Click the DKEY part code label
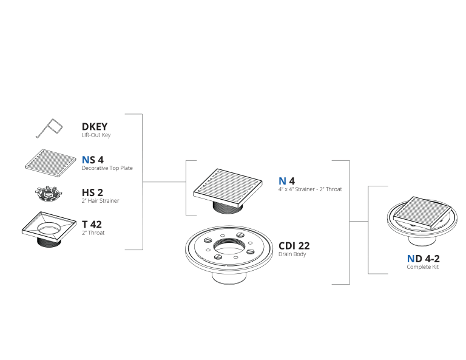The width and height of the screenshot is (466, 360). click(95, 127)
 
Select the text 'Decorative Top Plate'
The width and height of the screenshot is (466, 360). click(107, 168)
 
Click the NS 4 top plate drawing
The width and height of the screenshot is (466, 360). click(50, 163)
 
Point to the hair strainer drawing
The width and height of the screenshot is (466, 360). click(49, 194)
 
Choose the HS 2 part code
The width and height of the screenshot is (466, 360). click(92, 192)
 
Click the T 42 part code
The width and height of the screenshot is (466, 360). click(92, 225)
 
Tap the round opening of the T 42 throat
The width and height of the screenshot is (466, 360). click(50, 227)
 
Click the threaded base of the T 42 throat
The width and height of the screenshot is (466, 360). click(49, 242)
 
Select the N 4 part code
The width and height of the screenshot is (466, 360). click(286, 181)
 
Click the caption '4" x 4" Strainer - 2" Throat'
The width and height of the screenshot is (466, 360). click(310, 189)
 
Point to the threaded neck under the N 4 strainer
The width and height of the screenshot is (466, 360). click(228, 207)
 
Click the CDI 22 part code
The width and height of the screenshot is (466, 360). click(294, 246)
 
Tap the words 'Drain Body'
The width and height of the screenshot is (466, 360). click(292, 254)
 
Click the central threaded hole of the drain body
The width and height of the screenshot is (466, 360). click(229, 245)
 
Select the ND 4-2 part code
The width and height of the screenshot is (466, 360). click(423, 259)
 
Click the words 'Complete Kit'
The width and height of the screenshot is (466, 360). click(422, 267)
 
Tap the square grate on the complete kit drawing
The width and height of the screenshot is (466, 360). click(422, 212)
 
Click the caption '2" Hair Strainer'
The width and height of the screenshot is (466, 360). click(100, 201)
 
